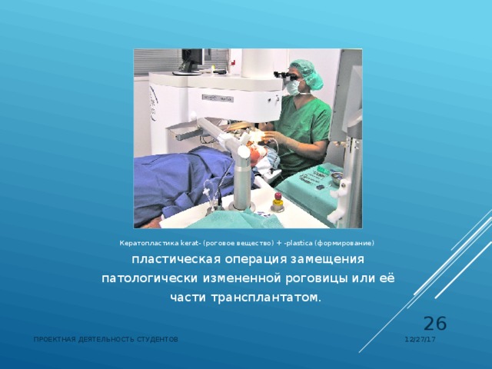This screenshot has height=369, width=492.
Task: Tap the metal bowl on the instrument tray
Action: [336, 175]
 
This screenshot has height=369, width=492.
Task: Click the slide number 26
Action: [435, 324]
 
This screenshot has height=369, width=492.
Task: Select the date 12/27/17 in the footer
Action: [421, 339]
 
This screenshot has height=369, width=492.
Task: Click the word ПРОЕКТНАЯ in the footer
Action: [55, 339]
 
